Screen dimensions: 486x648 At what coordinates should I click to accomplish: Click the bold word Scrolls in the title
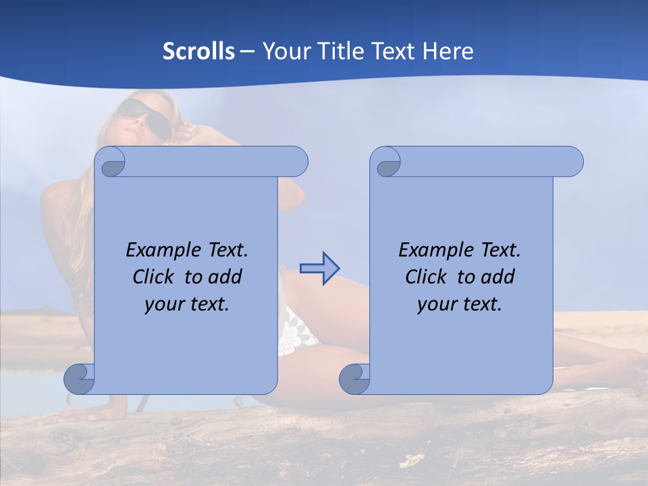[198, 51]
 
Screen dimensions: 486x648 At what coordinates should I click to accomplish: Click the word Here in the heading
[448, 51]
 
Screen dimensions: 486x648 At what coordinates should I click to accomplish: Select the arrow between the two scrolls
[319, 269]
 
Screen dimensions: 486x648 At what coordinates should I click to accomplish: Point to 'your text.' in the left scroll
[187, 304]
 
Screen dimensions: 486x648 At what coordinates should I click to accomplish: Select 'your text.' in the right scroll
[460, 304]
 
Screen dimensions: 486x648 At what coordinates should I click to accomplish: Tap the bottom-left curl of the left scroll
[79, 379]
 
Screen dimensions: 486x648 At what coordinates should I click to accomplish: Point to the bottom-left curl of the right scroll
[354, 379]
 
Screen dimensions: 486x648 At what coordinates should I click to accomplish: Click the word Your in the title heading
[286, 51]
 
